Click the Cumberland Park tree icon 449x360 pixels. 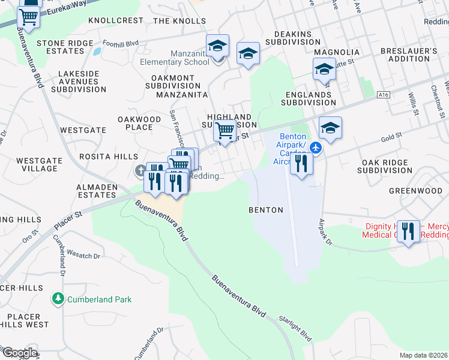coord(58,298)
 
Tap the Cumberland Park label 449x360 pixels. coord(99,299)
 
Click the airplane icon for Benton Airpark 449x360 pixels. coord(316,147)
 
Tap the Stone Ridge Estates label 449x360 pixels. coord(65,47)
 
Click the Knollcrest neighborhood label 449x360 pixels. coord(116,20)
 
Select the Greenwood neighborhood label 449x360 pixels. coord(415,191)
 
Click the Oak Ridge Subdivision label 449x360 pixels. coord(385,166)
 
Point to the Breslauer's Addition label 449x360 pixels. coord(412,55)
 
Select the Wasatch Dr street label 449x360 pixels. coord(83,254)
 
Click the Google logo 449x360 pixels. coord(19,352)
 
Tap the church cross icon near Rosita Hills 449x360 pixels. coord(140,172)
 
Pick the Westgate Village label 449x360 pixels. coord(37,164)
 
